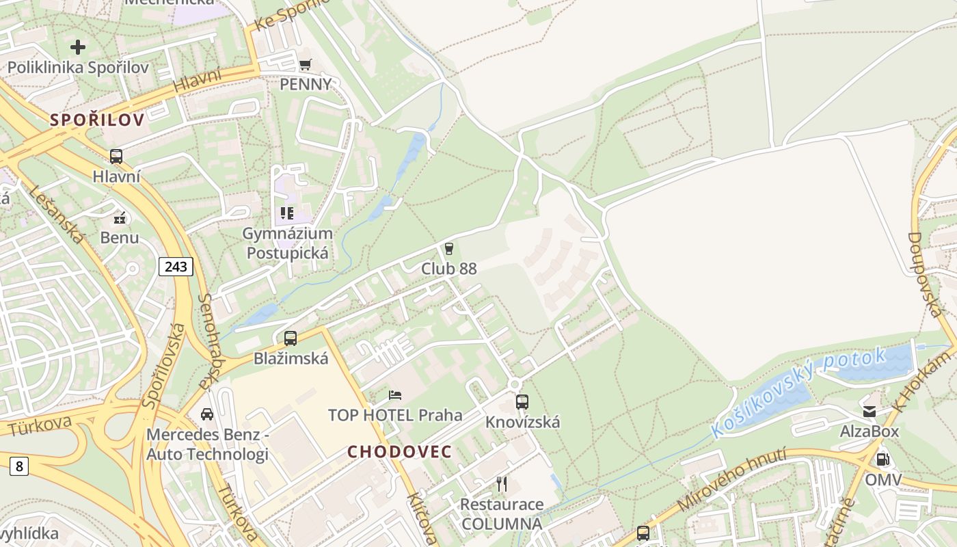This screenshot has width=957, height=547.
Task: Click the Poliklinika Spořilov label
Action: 78,68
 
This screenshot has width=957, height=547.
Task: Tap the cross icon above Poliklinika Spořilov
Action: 78,47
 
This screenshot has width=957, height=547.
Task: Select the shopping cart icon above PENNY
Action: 306,64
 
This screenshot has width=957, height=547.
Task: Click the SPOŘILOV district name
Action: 97,120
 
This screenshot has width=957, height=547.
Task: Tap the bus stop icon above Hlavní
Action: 116,156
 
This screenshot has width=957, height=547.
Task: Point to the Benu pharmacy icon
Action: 120,219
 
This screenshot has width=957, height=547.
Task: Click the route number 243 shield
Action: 176,266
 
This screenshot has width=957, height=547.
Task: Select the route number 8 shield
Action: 19,466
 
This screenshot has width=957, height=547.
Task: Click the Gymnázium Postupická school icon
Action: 287,213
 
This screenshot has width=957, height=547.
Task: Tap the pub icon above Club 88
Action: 449,249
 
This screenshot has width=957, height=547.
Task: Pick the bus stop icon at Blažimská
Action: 291,338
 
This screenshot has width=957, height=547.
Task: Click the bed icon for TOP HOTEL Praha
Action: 395,395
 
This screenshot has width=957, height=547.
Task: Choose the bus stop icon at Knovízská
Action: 522,401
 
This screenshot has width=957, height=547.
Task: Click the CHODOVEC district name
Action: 400,452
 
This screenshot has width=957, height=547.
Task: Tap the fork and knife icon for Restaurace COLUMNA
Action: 502,484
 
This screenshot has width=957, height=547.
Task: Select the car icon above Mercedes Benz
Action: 207,414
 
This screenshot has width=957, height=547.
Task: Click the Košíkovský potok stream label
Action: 798,393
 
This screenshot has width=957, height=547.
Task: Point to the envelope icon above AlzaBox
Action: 870,412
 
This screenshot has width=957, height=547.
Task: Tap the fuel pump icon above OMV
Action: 883,459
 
